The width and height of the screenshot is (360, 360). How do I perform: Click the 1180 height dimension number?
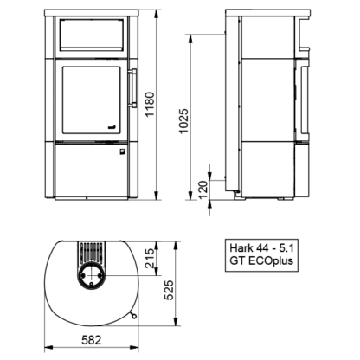(x=151, y=104)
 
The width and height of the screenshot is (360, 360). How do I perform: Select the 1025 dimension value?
(x=183, y=120)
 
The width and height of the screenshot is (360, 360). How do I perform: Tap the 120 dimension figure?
(x=203, y=190)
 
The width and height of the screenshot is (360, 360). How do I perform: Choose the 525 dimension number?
(x=170, y=290)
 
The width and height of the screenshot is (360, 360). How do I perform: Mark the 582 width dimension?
(x=92, y=340)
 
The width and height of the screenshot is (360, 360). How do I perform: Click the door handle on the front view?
(x=133, y=88)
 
